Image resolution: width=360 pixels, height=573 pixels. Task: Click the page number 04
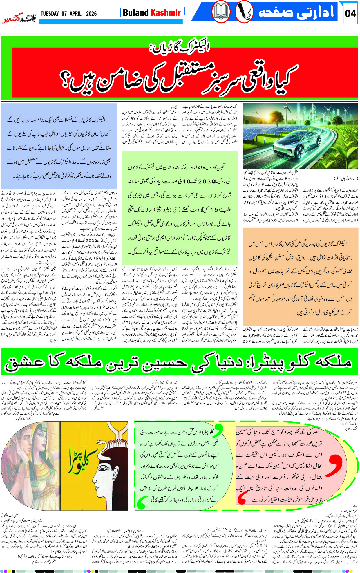point(350,13)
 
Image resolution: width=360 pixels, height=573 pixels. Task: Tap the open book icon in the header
point(221,12)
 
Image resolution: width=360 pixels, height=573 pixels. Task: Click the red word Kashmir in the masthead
point(165,13)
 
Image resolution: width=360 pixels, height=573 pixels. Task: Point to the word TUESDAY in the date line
point(50,14)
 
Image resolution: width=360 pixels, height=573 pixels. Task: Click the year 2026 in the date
point(91,14)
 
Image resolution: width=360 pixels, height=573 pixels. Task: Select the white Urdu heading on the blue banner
point(296,12)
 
